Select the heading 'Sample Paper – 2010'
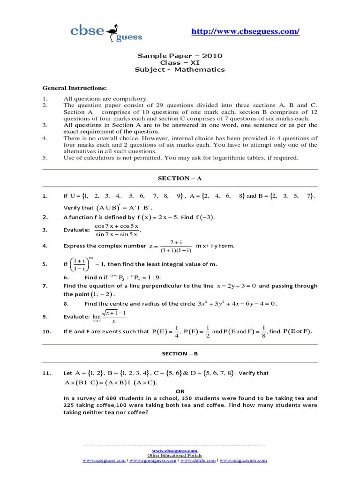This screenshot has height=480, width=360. (x=180, y=56)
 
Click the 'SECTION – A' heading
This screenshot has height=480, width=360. (x=180, y=179)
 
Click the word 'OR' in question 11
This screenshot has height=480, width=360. (x=180, y=391)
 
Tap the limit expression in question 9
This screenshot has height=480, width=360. (x=110, y=317)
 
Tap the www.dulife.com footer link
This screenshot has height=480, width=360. (x=198, y=461)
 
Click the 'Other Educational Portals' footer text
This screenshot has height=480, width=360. (x=175, y=455)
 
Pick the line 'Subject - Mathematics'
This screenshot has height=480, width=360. (x=180, y=70)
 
